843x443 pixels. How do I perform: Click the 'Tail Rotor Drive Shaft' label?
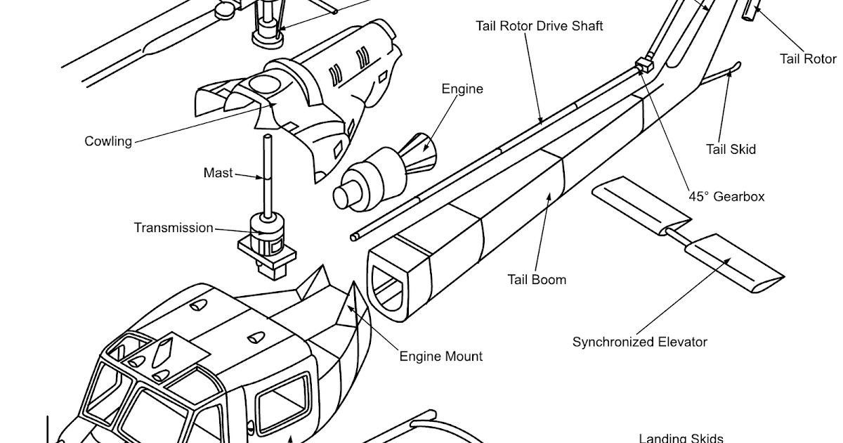[539, 26]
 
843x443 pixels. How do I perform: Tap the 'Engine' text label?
[462, 89]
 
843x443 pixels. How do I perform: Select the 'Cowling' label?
[108, 141]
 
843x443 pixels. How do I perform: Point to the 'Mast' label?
[218, 173]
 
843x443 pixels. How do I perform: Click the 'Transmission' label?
[174, 228]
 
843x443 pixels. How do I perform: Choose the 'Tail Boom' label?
[537, 279]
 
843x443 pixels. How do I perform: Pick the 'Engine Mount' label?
[441, 357]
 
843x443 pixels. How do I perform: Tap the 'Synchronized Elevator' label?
[639, 342]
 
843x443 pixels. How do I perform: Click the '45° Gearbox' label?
[726, 197]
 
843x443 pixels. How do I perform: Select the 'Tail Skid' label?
[731, 149]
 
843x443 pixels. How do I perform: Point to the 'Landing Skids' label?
[681, 438]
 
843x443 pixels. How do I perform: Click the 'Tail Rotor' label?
[809, 58]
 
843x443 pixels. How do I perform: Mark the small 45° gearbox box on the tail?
[644, 66]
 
